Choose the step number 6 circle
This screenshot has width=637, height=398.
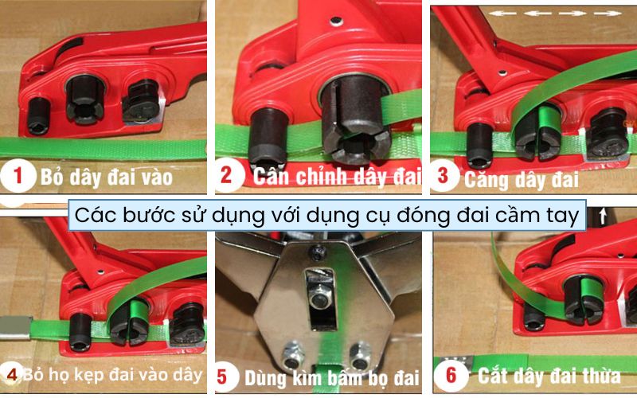(x=451, y=374)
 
